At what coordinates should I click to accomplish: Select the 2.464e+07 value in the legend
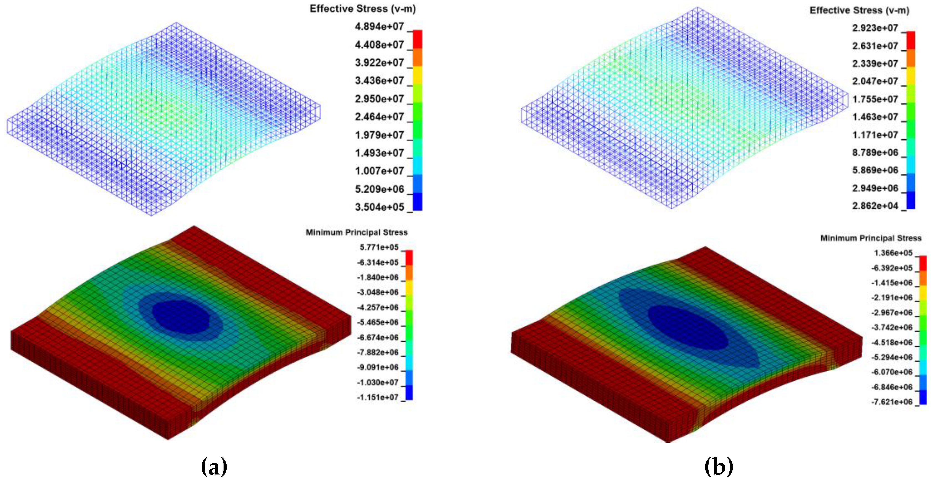[x=379, y=117]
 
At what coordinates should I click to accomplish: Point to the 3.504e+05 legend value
[x=379, y=207]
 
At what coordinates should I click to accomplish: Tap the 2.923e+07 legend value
[x=875, y=28]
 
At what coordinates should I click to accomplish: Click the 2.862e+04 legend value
[x=875, y=206]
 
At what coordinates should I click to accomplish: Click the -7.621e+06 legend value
[x=891, y=402]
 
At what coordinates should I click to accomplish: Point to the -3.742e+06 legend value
[x=891, y=327]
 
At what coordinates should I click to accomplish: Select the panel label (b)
[x=719, y=466]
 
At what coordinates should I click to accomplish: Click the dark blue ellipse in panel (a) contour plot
[x=181, y=317]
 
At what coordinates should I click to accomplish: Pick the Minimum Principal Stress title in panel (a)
[x=357, y=232]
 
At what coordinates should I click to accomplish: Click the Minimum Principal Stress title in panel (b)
[x=870, y=238]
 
